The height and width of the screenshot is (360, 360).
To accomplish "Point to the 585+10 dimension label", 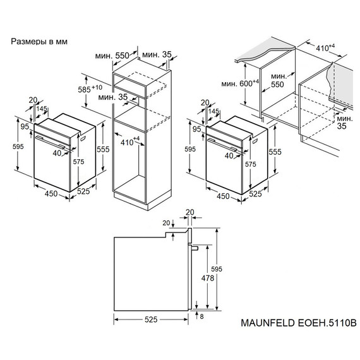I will pyautogui.click(x=92, y=90).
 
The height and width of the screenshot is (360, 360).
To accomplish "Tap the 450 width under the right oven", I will pyautogui.click(x=224, y=196).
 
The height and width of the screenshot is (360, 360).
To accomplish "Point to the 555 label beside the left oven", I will pyautogui.click(x=104, y=149).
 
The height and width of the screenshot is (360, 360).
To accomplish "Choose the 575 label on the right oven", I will pyautogui.click(x=249, y=164).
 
